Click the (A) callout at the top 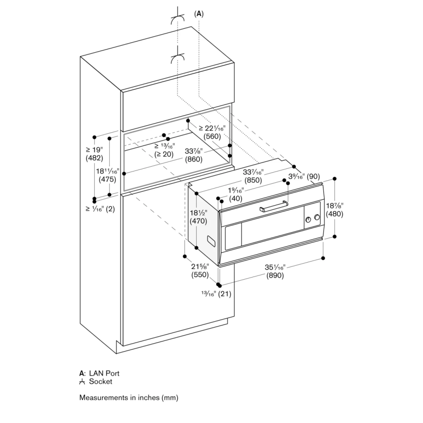point(199,14)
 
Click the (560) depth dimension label point(212,137)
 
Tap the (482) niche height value point(94,158)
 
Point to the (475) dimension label point(107,179)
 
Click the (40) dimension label point(236,198)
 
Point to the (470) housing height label point(198,221)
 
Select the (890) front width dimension point(275,275)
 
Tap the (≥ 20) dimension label point(163,154)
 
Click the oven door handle point(275,207)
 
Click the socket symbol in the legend point(82,382)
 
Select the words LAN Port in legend point(104,373)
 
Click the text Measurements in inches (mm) point(129,398)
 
